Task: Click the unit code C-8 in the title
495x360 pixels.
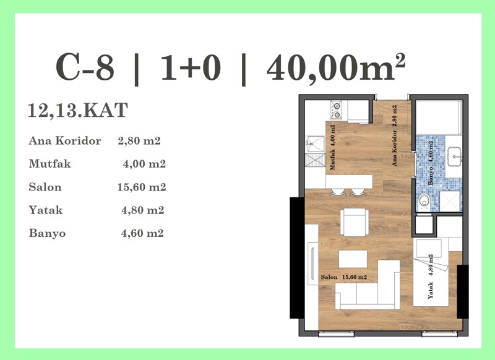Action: click(85, 68)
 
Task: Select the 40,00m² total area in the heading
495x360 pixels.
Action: click(336, 67)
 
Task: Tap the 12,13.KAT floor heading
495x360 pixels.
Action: click(78, 110)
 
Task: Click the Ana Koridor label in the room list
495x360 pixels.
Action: click(65, 140)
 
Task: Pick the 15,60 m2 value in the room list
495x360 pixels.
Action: click(142, 187)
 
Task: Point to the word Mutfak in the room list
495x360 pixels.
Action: click(50, 164)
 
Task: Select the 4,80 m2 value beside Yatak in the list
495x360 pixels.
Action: click(143, 210)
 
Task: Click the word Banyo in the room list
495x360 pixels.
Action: click(48, 233)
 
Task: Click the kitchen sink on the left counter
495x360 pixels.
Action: click(315, 144)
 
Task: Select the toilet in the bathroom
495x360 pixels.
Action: click(424, 202)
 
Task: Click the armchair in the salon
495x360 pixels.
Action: click(354, 222)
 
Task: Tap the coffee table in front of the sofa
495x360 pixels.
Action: click(353, 259)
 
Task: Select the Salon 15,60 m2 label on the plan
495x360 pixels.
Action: click(344, 277)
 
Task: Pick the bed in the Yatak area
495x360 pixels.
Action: click(431, 272)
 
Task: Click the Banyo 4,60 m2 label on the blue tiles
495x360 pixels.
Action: click(430, 163)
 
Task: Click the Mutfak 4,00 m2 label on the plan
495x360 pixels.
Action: click(332, 148)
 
